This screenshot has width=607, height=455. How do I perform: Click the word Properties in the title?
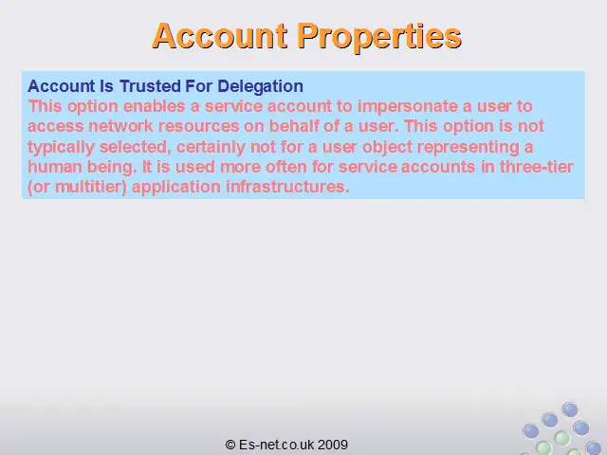pyautogui.click(x=379, y=36)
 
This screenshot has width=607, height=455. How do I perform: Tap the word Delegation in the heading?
pyautogui.click(x=260, y=86)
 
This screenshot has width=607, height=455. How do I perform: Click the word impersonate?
pyautogui.click(x=407, y=107)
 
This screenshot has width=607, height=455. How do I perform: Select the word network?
pyautogui.click(x=120, y=126)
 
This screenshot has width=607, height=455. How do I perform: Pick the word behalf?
pyautogui.click(x=294, y=126)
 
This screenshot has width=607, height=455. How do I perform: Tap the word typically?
pyautogui.click(x=61, y=148)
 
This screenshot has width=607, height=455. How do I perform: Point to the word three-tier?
pyautogui.click(x=536, y=167)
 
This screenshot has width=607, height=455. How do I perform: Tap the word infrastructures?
pyautogui.click(x=287, y=187)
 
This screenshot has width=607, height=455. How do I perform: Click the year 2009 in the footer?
pyautogui.click(x=333, y=445)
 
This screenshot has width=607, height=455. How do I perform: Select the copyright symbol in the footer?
pyautogui.click(x=230, y=445)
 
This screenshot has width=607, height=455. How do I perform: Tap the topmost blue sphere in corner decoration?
pyautogui.click(x=570, y=409)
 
